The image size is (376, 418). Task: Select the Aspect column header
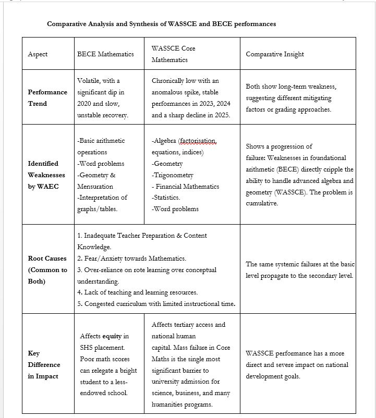coord(38,54)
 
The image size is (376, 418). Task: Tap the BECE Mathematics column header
coord(105,54)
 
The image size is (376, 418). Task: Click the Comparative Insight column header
coord(275,54)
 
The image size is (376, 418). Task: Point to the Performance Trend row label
coord(47,97)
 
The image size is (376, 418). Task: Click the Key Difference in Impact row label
coord(44,364)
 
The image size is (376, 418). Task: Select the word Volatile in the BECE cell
coord(89,81)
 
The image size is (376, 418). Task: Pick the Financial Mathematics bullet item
coord(187,187)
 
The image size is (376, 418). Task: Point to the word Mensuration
coord(95,186)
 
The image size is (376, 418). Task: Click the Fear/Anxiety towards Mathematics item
coord(131,259)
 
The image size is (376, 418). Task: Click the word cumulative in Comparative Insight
coord(262,203)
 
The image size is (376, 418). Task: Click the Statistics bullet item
coord(166,198)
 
